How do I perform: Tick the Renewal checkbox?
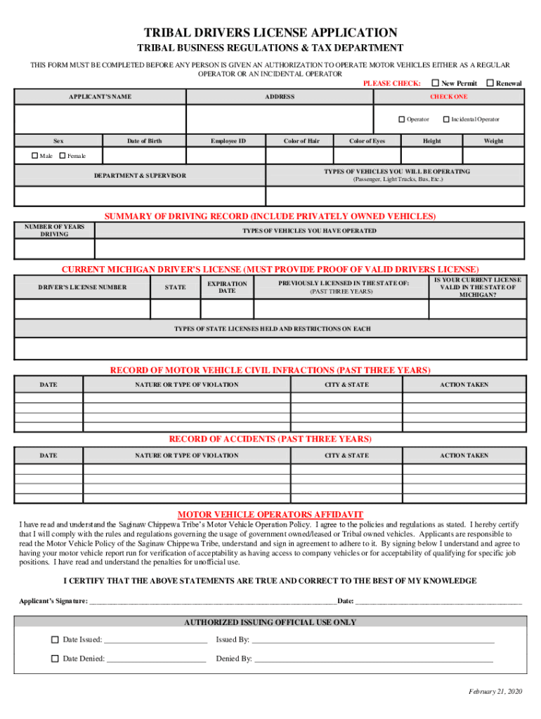[x=490, y=83]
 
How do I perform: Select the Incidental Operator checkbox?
[x=446, y=119]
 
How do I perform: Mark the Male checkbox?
[x=35, y=155]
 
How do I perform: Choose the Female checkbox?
[x=63, y=155]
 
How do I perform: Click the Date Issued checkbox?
[x=55, y=640]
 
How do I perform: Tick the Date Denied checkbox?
[x=55, y=659]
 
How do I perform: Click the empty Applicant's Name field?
[x=100, y=119]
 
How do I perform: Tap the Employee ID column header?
[x=228, y=141]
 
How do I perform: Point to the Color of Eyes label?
[x=367, y=141]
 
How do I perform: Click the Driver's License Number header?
[x=82, y=287]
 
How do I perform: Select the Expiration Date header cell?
[x=227, y=287]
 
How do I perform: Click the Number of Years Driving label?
[x=55, y=230]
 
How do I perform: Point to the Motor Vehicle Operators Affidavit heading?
[x=270, y=513]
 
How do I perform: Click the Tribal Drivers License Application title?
[x=270, y=33]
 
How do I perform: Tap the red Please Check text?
[x=391, y=84]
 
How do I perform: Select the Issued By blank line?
[x=372, y=640]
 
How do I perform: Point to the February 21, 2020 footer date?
[x=496, y=692]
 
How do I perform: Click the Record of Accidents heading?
[x=270, y=439]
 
